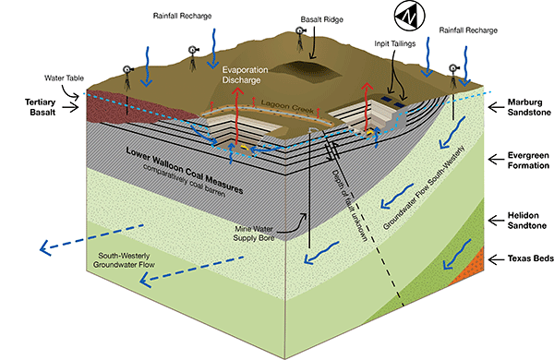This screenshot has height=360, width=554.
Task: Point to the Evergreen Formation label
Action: (524, 161)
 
